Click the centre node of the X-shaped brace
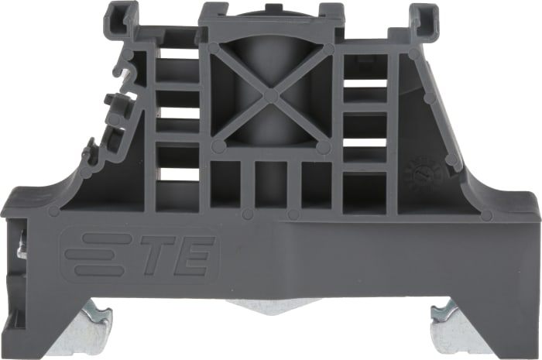click(269, 95)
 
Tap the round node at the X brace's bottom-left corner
click(219, 145)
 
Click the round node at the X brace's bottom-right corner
click(322, 145)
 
